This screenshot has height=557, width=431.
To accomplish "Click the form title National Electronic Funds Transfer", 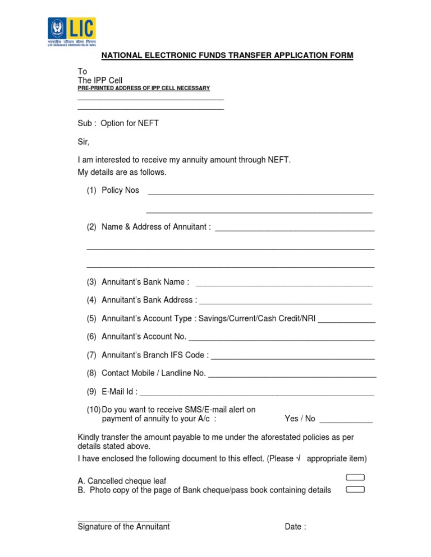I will [227, 55].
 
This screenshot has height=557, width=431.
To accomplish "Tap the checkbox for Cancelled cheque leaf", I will [355, 477].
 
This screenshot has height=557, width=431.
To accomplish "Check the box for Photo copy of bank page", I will [355, 490].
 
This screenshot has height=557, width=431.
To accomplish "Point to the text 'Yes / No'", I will [300, 419].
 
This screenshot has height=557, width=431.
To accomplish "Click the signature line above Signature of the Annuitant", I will [123, 521].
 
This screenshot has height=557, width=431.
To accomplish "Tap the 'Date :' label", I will [295, 527].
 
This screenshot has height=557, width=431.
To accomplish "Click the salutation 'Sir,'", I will [84, 141].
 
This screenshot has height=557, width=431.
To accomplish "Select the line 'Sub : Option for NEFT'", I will [118, 123].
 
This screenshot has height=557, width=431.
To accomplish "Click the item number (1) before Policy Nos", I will [91, 191].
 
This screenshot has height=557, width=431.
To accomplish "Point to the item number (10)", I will [93, 410].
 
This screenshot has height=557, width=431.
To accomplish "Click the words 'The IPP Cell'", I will [100, 81].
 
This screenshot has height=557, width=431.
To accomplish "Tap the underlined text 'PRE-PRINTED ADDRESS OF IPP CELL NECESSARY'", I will [143, 89].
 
